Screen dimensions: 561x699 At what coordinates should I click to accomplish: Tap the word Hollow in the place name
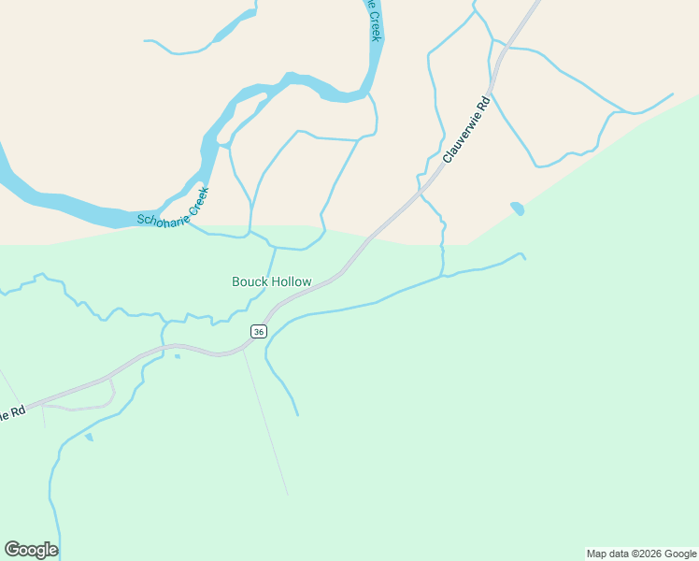(290, 281)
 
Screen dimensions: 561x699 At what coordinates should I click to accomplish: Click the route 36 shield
(259, 331)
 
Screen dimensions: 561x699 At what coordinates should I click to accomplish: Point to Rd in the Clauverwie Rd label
(483, 101)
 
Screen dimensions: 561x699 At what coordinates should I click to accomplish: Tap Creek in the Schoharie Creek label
(197, 203)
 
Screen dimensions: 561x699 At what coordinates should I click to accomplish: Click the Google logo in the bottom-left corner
(31, 549)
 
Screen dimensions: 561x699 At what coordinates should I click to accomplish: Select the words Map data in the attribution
(608, 554)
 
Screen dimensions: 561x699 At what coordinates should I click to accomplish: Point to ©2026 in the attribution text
(647, 554)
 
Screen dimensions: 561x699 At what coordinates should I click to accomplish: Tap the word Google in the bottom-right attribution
(679, 554)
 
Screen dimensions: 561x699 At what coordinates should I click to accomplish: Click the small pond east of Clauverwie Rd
(517, 209)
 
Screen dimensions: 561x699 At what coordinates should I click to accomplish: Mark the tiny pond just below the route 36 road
(177, 355)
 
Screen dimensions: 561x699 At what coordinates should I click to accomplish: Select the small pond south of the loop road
(89, 437)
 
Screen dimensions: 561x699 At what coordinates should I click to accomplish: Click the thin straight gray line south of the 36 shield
(265, 421)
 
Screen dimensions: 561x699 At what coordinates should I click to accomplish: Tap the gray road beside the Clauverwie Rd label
(432, 181)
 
